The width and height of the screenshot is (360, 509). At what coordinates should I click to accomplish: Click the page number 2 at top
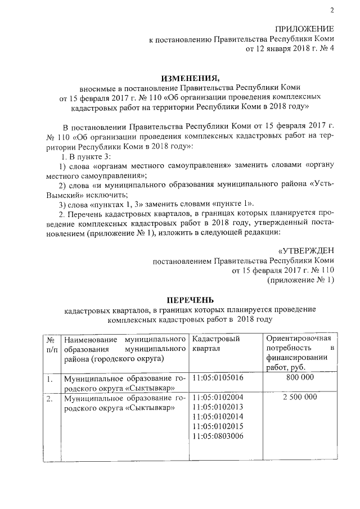(332, 10)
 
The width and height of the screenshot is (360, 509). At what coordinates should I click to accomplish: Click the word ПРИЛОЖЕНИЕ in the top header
(304, 29)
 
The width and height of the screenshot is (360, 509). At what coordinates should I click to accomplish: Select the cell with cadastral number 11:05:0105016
(219, 378)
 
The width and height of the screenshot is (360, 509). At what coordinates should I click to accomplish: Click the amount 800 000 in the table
(300, 378)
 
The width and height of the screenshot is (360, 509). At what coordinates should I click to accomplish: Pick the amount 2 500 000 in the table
(300, 397)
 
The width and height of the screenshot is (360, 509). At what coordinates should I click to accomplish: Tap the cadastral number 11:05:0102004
(219, 397)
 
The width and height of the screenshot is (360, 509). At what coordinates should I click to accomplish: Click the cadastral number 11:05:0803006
(219, 436)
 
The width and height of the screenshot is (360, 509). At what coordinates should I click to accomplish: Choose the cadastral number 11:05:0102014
(219, 417)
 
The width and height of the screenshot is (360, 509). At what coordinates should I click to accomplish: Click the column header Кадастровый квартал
(217, 344)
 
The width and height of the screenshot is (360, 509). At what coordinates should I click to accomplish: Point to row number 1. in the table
(49, 379)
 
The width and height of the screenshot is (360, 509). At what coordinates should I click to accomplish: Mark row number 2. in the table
(49, 398)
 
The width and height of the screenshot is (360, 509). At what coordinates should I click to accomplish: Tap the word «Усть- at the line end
(319, 183)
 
